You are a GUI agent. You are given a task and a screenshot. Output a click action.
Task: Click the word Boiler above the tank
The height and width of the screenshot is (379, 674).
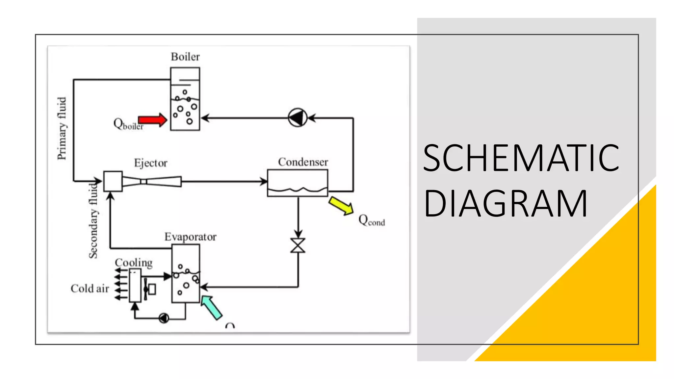click(185, 57)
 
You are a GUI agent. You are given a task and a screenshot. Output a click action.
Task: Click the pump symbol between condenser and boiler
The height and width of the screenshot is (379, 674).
click(298, 118)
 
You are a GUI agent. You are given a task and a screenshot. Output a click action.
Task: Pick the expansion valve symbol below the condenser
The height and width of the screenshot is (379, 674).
click(298, 245)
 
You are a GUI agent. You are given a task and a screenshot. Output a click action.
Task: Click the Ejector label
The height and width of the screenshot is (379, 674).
click(151, 163)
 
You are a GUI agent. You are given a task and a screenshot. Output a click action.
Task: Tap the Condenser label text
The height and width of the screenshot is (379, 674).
click(303, 162)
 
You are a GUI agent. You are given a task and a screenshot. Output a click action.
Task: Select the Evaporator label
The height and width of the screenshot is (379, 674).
click(191, 237)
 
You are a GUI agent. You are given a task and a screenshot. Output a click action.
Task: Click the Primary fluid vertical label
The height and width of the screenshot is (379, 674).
click(62, 128)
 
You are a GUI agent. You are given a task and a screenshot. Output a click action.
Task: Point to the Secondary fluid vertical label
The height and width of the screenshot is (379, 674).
click(94, 221)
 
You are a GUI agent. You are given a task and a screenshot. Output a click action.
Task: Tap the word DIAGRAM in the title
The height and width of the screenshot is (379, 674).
click(505, 204)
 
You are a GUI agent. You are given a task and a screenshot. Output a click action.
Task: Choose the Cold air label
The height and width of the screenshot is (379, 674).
click(90, 289)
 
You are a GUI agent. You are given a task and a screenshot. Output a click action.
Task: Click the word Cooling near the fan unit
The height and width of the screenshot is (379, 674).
click(134, 263)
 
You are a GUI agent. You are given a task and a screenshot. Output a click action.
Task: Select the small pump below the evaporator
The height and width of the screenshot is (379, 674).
click(164, 318)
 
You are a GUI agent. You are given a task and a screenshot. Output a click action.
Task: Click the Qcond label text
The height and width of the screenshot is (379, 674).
click(372, 220)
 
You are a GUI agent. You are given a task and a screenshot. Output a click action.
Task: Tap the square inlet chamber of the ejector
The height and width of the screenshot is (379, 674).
click(113, 181)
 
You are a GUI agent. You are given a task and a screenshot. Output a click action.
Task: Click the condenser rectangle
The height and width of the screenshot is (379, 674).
click(298, 183)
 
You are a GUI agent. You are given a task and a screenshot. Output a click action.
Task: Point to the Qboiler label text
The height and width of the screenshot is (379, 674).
click(128, 124)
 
